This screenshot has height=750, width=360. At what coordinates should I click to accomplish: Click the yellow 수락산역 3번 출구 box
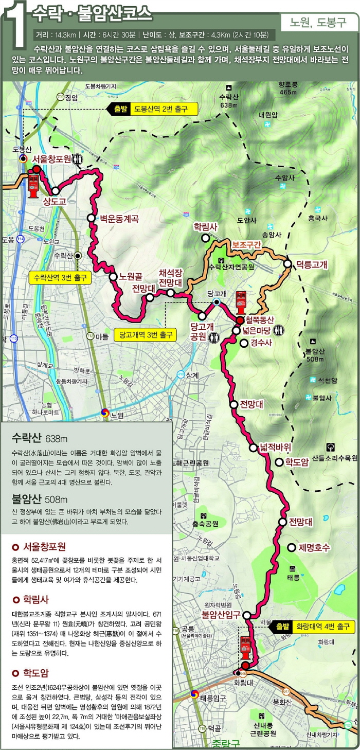[x=60, y=278]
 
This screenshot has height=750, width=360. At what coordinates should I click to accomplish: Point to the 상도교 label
[x=55, y=201]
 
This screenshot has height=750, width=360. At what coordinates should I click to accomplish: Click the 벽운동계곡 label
[x=119, y=218]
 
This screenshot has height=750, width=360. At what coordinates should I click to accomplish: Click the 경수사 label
[x=261, y=343]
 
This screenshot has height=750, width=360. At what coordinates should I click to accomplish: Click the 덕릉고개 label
[x=312, y=264]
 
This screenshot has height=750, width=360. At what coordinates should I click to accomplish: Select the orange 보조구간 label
[x=246, y=244]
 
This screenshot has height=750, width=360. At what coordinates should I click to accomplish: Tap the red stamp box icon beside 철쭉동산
[x=241, y=303]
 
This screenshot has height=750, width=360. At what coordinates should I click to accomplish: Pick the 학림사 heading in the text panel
[x=35, y=599]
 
